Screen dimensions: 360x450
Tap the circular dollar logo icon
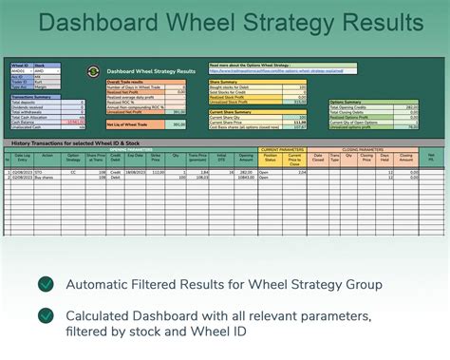pos(92,70)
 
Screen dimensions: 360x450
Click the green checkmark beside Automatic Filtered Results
pos(44,284)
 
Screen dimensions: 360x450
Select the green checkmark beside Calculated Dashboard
pos(44,315)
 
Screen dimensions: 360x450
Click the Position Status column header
pos(270,159)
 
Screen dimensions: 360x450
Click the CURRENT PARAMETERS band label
pos(282,149)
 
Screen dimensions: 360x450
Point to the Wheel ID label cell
pos(20,65)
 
